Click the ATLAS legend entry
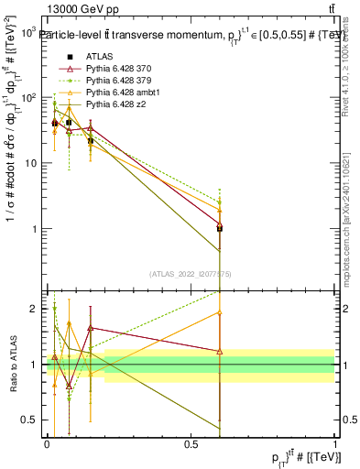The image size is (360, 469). point(98,56)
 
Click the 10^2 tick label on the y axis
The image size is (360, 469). point(29,97)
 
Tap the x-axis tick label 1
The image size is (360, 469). point(334,442)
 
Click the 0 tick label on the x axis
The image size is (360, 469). point(47,442)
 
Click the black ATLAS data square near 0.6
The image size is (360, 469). point(220,228)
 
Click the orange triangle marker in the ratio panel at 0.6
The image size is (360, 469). point(220,312)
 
